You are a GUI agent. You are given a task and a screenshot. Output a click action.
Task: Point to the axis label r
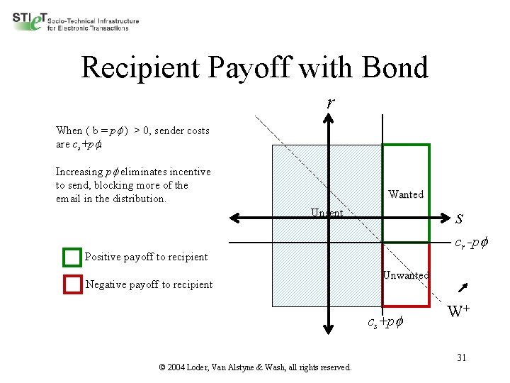click(x=330, y=103)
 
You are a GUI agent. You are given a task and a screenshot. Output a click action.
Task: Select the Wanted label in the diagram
click(x=406, y=194)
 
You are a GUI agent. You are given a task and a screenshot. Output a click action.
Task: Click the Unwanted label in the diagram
click(x=405, y=275)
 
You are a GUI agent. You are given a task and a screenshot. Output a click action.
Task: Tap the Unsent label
click(x=327, y=213)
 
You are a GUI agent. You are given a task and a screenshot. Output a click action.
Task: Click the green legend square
click(x=72, y=257)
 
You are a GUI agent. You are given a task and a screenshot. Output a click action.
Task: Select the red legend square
click(x=72, y=284)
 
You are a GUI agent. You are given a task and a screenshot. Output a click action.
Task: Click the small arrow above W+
click(x=464, y=287)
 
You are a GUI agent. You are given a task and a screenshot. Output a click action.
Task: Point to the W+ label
click(x=459, y=311)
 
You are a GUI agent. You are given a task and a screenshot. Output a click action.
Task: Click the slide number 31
click(x=460, y=357)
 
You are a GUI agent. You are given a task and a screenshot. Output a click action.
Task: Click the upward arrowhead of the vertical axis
click(x=329, y=119)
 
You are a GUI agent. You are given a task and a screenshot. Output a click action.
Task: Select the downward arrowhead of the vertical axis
click(x=329, y=328)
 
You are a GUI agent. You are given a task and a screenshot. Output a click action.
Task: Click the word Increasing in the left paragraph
click(x=79, y=172)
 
